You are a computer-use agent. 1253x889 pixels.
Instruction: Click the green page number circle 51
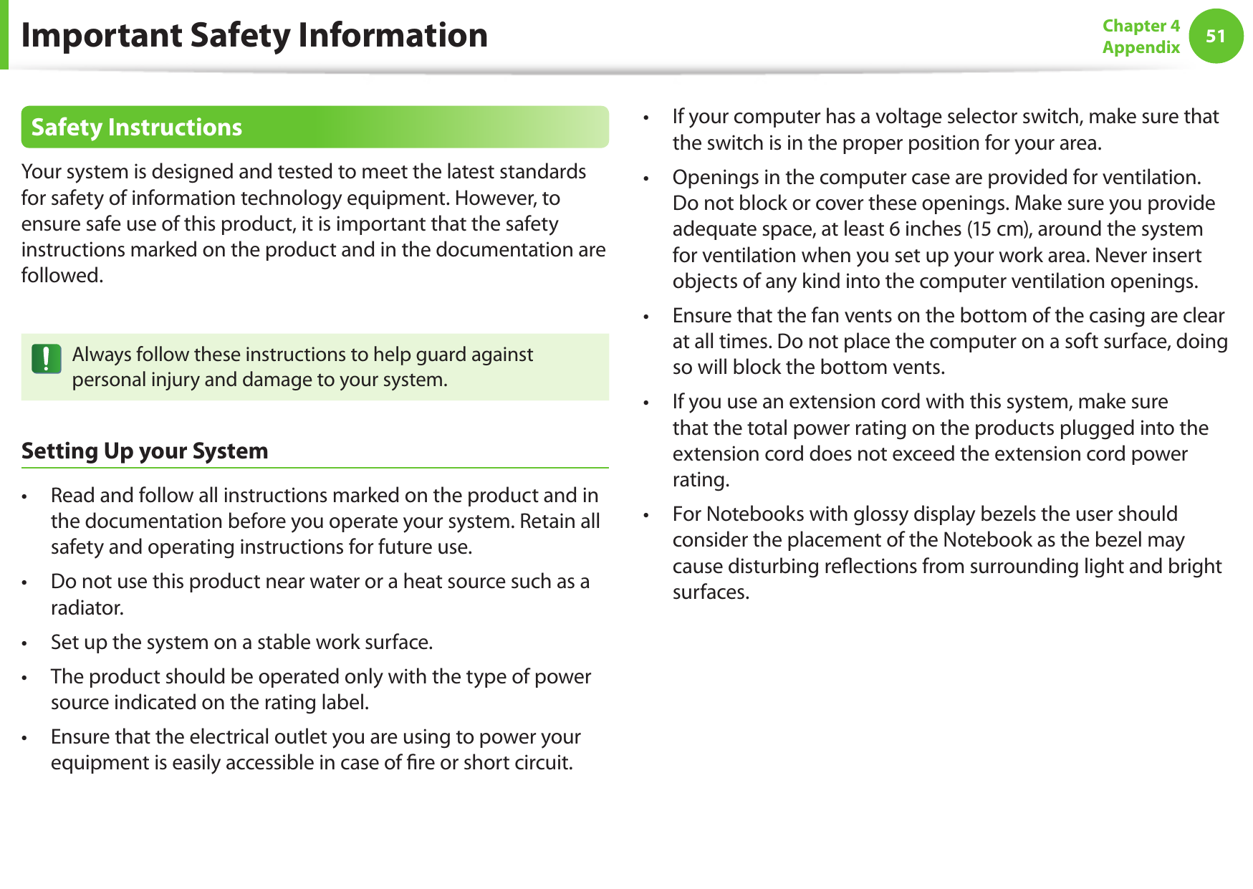pyautogui.click(x=1215, y=36)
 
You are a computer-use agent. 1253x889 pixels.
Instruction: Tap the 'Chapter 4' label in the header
pyautogui.click(x=1141, y=26)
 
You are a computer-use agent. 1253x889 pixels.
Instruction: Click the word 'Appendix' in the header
pyautogui.click(x=1141, y=47)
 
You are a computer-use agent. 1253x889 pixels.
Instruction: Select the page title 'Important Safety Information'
pyautogui.click(x=254, y=35)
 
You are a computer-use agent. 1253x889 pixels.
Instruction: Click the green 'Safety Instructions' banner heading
pyautogui.click(x=136, y=128)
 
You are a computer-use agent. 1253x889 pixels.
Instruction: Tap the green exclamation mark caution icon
pyautogui.click(x=47, y=358)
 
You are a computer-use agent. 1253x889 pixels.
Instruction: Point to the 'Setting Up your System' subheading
pyautogui.click(x=145, y=451)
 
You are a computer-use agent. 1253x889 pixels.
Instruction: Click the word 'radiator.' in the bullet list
pyautogui.click(x=87, y=607)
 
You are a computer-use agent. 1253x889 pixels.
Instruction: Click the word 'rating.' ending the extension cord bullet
pyautogui.click(x=701, y=479)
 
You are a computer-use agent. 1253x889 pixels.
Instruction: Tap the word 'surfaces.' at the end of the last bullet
pyautogui.click(x=711, y=592)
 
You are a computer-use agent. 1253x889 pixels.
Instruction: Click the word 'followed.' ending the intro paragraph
pyautogui.click(x=62, y=276)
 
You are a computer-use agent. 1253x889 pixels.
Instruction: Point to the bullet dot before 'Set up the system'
pyautogui.click(x=24, y=643)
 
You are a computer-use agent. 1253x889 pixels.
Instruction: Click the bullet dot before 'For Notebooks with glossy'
pyautogui.click(x=646, y=515)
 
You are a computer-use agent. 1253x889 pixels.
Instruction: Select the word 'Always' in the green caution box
pyautogui.click(x=101, y=355)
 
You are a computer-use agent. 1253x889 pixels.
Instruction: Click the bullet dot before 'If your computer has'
pyautogui.click(x=646, y=117)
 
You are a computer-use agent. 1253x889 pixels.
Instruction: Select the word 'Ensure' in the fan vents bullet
pyautogui.click(x=701, y=315)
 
